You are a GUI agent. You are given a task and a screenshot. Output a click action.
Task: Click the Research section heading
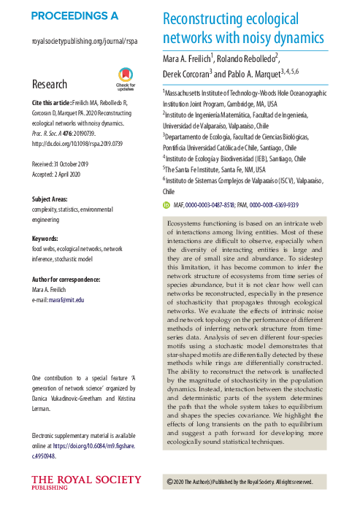[50, 85]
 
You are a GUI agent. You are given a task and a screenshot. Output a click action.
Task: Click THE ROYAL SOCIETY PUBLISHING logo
[77, 483]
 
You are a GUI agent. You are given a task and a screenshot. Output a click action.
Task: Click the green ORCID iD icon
[166, 205]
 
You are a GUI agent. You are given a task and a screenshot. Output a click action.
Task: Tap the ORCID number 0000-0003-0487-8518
[217, 205]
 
